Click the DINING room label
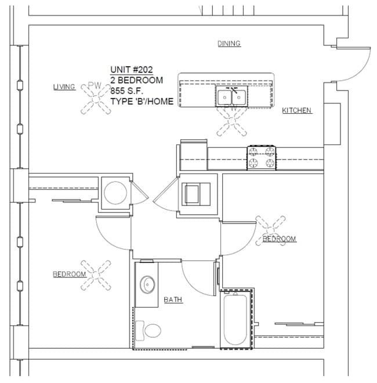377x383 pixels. tap(229, 44)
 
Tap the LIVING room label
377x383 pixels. tap(64, 87)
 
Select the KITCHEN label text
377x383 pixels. tap(296, 110)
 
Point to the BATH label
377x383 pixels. tap(173, 299)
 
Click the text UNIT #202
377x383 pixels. tap(131, 70)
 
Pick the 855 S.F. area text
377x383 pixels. tap(126, 91)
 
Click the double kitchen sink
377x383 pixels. tap(231, 96)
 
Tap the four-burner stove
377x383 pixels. tap(262, 157)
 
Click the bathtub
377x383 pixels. tap(235, 320)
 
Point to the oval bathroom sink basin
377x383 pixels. tap(147, 284)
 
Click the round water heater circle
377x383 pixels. tap(115, 193)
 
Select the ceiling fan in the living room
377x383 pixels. tap(96, 99)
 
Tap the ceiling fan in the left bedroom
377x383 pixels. tap(96, 275)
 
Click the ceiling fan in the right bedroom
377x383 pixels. tap(270, 230)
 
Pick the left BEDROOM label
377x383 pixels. tap(70, 274)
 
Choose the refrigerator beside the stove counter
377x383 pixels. tap(194, 155)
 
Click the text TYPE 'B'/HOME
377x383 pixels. tap(142, 102)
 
